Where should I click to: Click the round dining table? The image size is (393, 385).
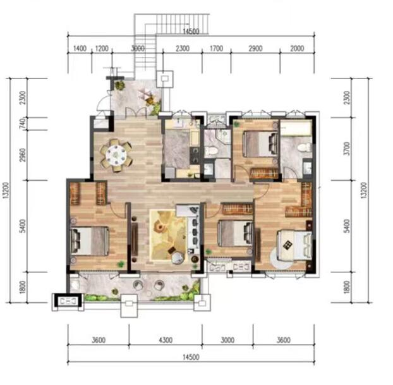(116, 155)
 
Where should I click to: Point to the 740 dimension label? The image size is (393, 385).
(23, 124)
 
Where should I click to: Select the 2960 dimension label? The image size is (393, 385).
(23, 155)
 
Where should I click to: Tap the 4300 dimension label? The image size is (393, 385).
(166, 340)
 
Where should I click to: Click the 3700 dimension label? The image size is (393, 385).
(347, 149)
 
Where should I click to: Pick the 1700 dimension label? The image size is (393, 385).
(216, 48)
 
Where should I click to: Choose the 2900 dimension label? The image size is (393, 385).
(255, 48)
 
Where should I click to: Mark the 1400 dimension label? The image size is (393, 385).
(80, 48)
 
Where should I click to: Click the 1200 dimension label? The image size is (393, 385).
(102, 48)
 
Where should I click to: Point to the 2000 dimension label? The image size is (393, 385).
(297, 48)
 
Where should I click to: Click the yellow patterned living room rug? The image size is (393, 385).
(169, 235)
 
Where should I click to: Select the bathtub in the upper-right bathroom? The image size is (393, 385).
(296, 128)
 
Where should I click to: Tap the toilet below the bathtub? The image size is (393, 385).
(305, 147)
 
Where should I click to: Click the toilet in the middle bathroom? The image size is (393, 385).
(211, 150)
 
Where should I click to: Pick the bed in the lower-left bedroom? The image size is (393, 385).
(90, 241)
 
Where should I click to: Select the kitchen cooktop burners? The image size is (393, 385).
(195, 155)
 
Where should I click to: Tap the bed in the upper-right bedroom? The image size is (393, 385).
(262, 145)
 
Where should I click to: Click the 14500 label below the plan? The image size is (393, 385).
(191, 357)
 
